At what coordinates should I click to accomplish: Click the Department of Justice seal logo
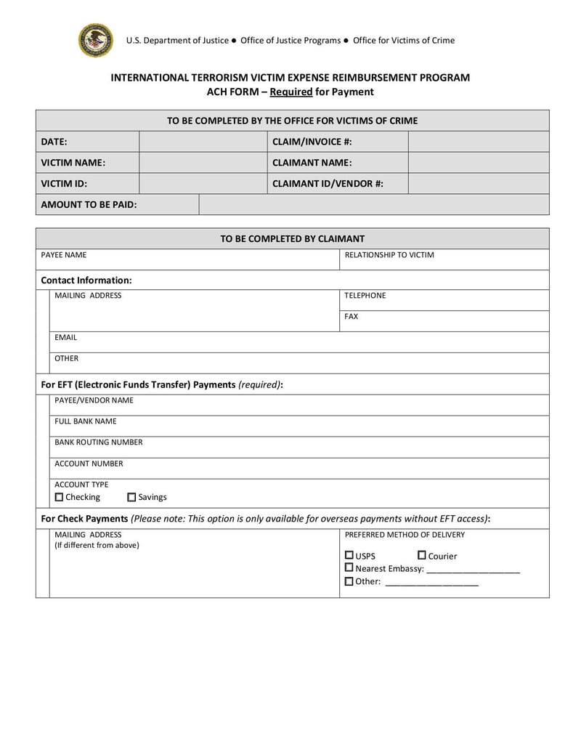click(96, 40)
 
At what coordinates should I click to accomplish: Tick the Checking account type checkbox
click(60, 497)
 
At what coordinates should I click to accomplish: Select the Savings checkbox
click(131, 497)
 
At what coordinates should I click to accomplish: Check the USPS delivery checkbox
click(349, 556)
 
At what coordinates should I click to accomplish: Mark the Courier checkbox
click(422, 556)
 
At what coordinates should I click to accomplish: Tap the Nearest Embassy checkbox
click(349, 568)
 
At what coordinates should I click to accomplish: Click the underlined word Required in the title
click(290, 92)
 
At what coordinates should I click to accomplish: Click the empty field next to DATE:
click(203, 142)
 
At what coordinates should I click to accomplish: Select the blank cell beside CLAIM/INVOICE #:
click(478, 142)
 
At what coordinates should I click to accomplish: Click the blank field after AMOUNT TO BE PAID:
click(373, 205)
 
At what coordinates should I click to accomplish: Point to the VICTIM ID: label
click(64, 184)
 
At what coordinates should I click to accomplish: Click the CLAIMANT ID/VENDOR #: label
click(328, 184)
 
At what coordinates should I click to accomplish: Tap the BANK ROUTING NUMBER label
click(99, 442)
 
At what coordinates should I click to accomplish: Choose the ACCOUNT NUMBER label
click(89, 464)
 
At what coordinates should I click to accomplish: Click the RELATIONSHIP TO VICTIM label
click(389, 255)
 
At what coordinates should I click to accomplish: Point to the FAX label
click(352, 317)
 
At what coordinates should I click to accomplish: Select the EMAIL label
click(65, 338)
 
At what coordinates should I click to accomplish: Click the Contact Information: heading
click(86, 280)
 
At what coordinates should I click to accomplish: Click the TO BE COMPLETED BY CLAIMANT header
click(292, 238)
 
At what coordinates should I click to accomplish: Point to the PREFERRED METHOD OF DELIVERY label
click(405, 535)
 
